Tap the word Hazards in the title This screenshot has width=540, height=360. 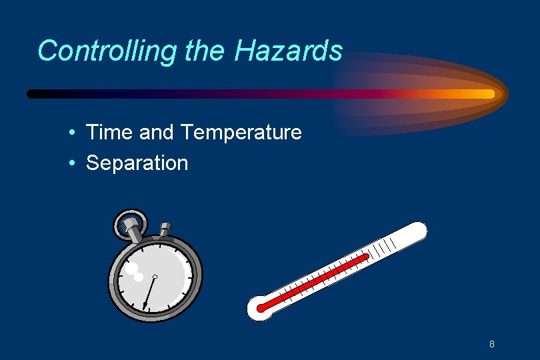(289, 51)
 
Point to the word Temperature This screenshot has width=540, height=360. (241, 133)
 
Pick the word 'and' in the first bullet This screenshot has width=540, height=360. (157, 133)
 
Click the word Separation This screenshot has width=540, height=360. (137, 163)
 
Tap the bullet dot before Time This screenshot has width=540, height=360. (71, 133)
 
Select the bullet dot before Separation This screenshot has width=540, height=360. (71, 163)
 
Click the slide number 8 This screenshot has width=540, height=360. (491, 344)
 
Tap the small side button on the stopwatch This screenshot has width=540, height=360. (165, 229)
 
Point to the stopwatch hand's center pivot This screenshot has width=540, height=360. (155, 276)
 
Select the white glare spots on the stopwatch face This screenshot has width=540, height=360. (135, 271)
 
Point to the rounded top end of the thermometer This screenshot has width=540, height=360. (418, 230)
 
